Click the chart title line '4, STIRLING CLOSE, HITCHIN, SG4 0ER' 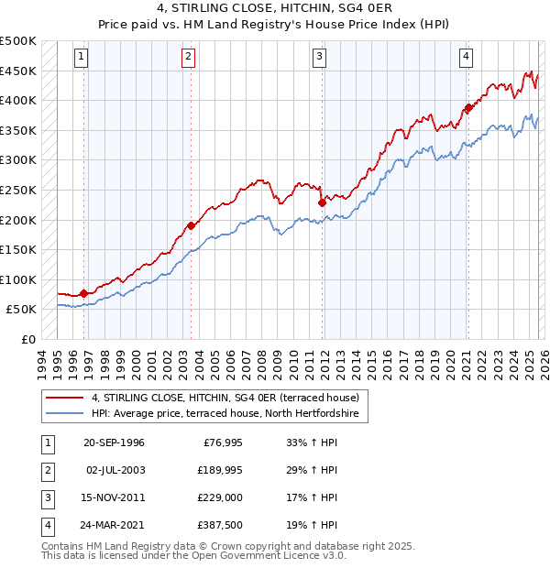tap(274, 10)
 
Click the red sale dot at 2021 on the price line tap(467, 108)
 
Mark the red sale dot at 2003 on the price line tap(191, 225)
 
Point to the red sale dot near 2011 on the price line tap(322, 202)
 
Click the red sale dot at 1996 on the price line tap(84, 293)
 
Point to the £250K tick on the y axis tap(18, 191)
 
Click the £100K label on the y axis tap(18, 279)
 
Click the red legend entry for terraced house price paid tap(230, 398)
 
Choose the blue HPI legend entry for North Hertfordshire tap(229, 415)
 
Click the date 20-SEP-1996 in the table tap(114, 442)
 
